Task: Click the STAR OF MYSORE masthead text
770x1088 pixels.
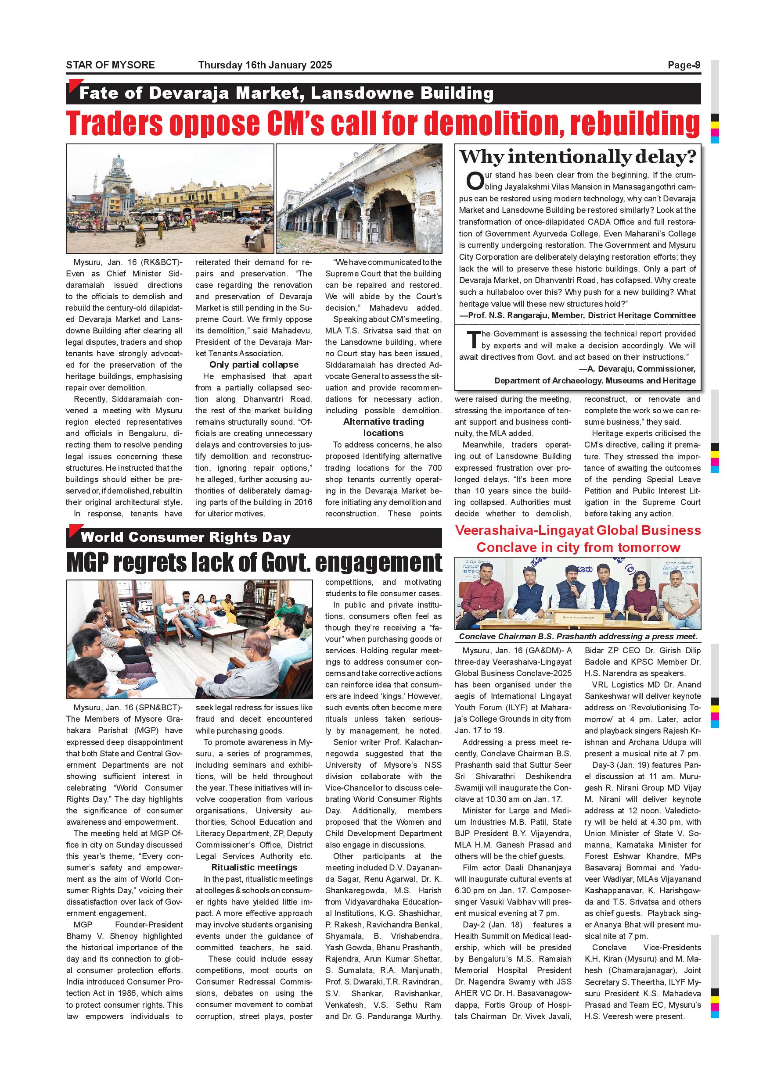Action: (x=110, y=65)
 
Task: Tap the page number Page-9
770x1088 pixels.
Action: (x=684, y=65)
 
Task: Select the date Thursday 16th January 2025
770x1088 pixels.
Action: (x=265, y=65)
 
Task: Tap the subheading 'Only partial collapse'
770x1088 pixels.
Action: (x=254, y=365)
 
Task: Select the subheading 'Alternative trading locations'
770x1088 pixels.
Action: (x=383, y=427)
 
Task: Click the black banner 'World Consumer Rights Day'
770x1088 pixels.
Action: (x=185, y=537)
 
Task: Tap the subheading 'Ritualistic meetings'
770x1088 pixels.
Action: (x=254, y=867)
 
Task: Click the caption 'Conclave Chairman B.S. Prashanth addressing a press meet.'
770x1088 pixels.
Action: (x=578, y=637)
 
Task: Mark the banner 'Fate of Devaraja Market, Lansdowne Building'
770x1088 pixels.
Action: (x=286, y=93)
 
